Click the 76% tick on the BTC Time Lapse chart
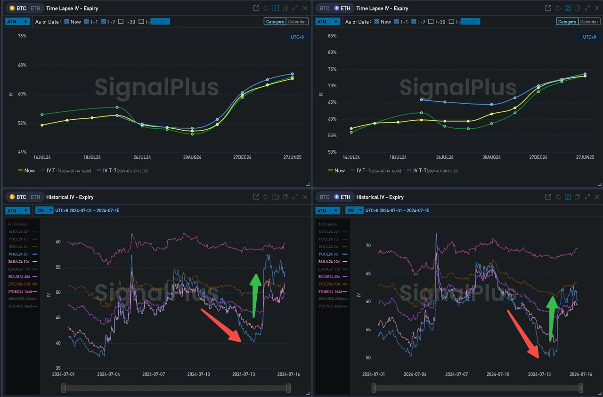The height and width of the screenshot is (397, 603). click(x=22, y=36)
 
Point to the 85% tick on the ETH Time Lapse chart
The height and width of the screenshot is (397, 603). click(x=332, y=36)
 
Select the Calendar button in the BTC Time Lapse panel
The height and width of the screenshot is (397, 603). click(x=297, y=22)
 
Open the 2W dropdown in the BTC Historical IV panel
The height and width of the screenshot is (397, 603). click(x=44, y=210)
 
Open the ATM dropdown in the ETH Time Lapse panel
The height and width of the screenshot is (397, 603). click(x=327, y=22)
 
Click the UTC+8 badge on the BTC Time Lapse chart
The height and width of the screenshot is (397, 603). click(x=297, y=37)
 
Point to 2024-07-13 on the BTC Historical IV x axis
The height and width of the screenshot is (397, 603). click(x=243, y=374)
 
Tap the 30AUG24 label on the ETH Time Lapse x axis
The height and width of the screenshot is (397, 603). click(x=491, y=157)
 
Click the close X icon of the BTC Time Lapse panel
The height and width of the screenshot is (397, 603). click(x=304, y=8)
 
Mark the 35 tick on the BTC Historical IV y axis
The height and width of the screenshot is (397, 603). click(x=58, y=368)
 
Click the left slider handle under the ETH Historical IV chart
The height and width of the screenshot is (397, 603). click(x=374, y=388)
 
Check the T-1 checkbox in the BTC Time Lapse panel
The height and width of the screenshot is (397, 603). click(x=86, y=22)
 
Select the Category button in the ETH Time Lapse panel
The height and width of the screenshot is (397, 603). click(x=567, y=22)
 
